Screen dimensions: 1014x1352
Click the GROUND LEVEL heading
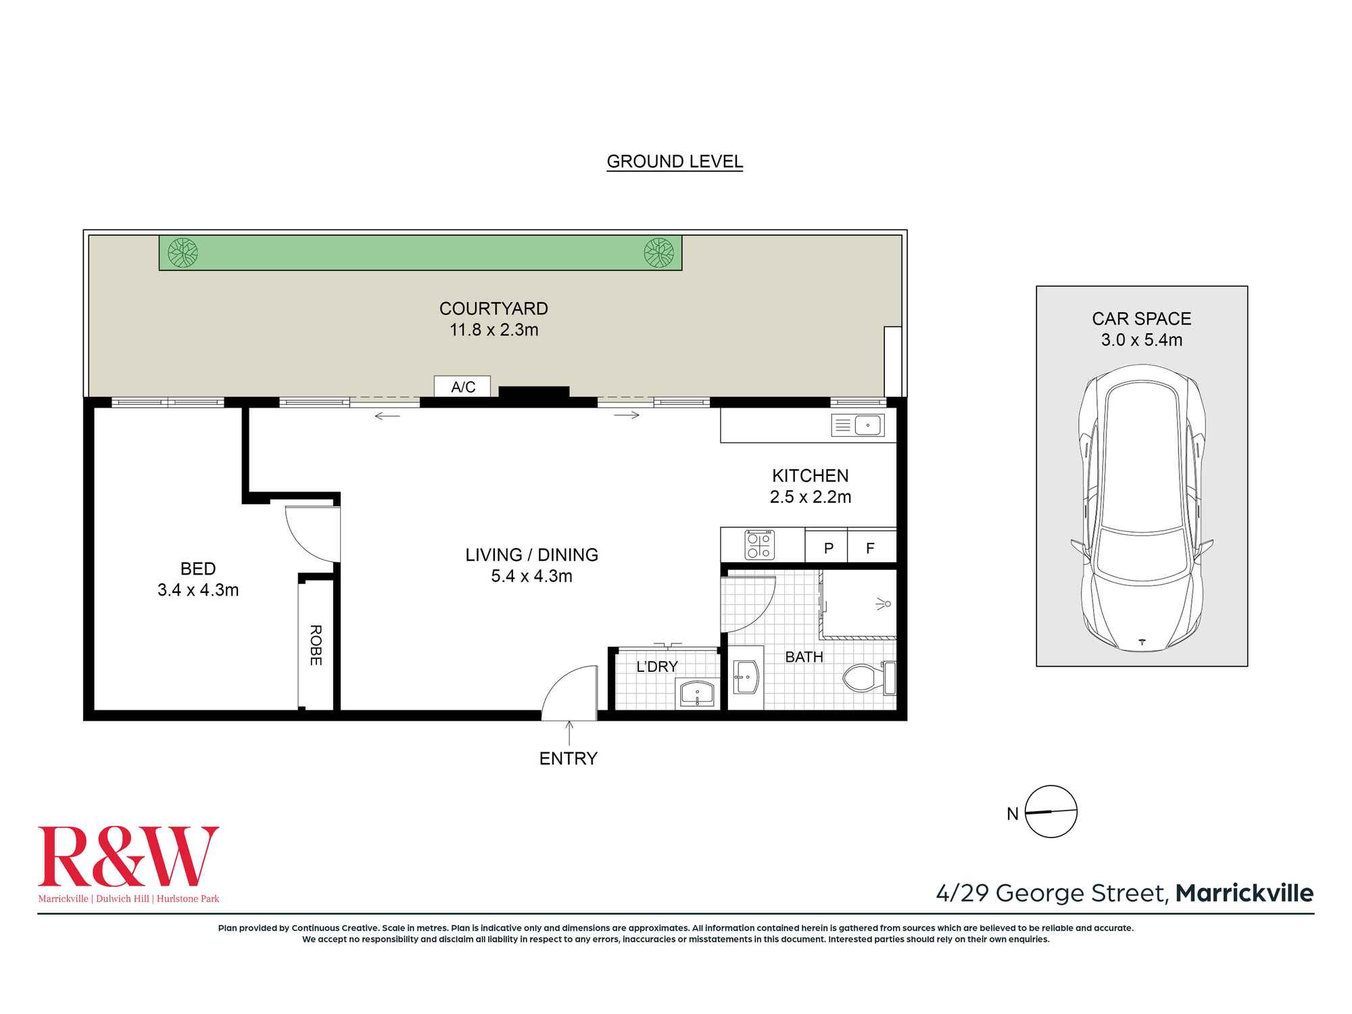tap(675, 162)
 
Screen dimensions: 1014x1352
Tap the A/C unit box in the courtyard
tap(462, 387)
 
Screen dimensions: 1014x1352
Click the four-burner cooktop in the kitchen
tap(760, 545)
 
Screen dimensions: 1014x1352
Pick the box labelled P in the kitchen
tap(827, 548)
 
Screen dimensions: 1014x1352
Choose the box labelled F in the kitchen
tap(871, 548)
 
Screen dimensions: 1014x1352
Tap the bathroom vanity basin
tap(746, 677)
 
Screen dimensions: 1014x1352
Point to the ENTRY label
tap(568, 758)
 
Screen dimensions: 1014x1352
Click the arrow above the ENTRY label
tap(569, 733)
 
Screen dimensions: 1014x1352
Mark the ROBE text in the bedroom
tap(315, 645)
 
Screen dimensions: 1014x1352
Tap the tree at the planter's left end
tap(183, 253)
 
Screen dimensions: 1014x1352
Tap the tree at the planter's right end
tap(658, 253)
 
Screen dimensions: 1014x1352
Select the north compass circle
tap(1051, 812)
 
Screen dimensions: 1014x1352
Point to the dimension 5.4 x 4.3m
tap(531, 576)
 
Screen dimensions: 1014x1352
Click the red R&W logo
tap(128, 856)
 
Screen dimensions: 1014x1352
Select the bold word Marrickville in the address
tap(1244, 893)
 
